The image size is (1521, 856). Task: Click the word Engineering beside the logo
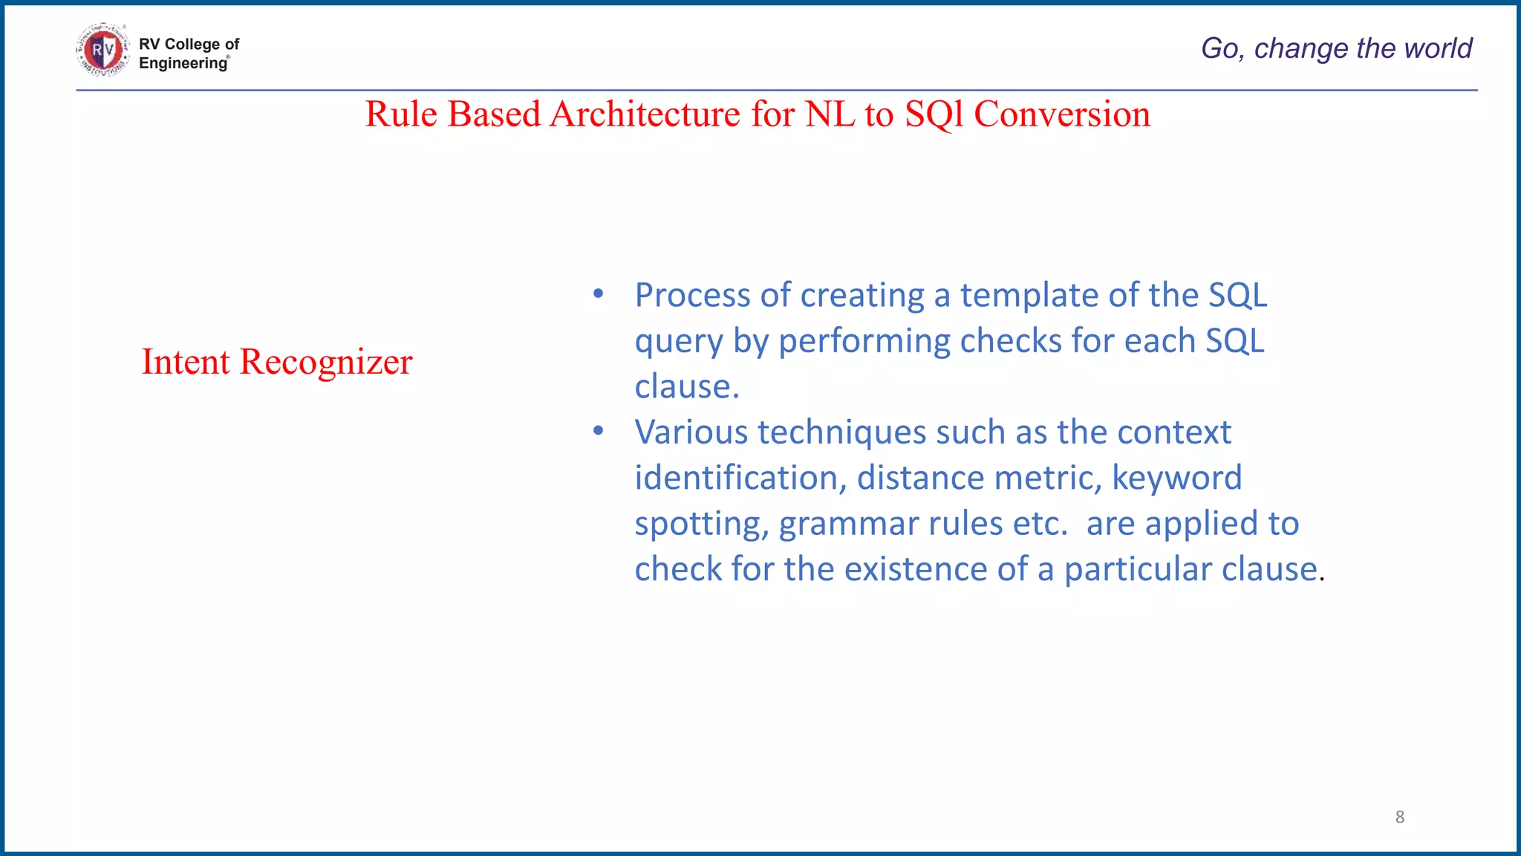click(183, 63)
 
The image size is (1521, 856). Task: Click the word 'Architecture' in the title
click(645, 114)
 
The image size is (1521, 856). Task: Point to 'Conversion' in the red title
click(1061, 114)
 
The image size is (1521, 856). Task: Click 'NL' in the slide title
click(830, 114)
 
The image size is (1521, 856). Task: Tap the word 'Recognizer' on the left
click(325, 362)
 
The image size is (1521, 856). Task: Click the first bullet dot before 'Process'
click(599, 294)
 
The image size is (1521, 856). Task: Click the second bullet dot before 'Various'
click(599, 431)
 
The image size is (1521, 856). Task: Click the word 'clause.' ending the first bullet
click(687, 387)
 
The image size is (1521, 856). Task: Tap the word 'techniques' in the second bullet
click(841, 432)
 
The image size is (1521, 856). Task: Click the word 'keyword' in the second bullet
click(1176, 479)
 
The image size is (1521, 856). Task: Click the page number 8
click(1400, 817)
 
